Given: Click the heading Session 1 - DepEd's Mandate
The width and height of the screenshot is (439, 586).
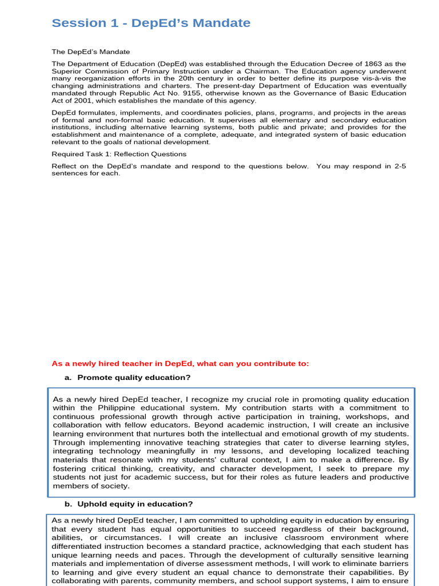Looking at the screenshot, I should [x=151, y=23].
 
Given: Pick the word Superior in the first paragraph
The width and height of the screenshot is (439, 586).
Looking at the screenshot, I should [x=66, y=71].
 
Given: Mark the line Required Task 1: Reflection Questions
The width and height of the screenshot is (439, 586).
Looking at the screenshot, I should [x=119, y=154].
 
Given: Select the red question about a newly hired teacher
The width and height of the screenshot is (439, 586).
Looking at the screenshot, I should [x=180, y=363].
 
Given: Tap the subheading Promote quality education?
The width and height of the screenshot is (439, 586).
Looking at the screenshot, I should [x=134, y=378].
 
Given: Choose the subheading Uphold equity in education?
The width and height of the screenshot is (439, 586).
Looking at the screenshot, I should [x=135, y=504].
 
